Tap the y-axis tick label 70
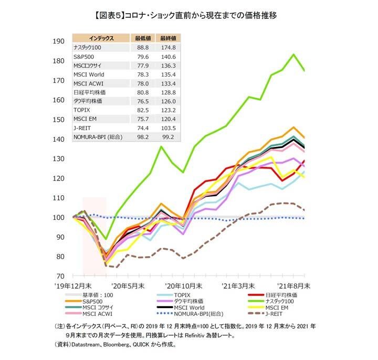tap(61, 276)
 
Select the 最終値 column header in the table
tap(168, 38)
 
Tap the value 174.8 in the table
tap(168, 47)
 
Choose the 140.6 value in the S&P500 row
tap(168, 56)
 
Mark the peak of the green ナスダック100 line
tap(294, 54)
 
